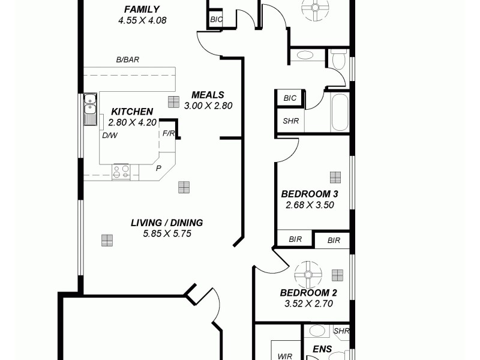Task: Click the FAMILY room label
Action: click(x=142, y=9)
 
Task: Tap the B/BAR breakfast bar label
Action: click(x=127, y=60)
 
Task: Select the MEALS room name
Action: click(x=208, y=95)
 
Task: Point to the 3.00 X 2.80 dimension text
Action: click(x=208, y=106)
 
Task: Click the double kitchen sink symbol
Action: click(x=89, y=109)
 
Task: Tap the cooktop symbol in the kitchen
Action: click(x=121, y=172)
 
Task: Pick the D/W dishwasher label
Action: click(x=109, y=136)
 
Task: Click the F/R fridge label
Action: click(x=169, y=133)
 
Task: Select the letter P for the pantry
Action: click(x=158, y=168)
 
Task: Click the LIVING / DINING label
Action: click(x=167, y=223)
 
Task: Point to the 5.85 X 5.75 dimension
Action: click(x=167, y=234)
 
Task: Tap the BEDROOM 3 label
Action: click(x=310, y=194)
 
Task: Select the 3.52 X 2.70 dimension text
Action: click(x=308, y=304)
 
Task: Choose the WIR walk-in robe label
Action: click(x=284, y=356)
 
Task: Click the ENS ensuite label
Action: click(x=322, y=347)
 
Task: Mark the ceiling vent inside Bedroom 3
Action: click(x=335, y=177)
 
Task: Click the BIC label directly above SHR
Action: click(x=290, y=98)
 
